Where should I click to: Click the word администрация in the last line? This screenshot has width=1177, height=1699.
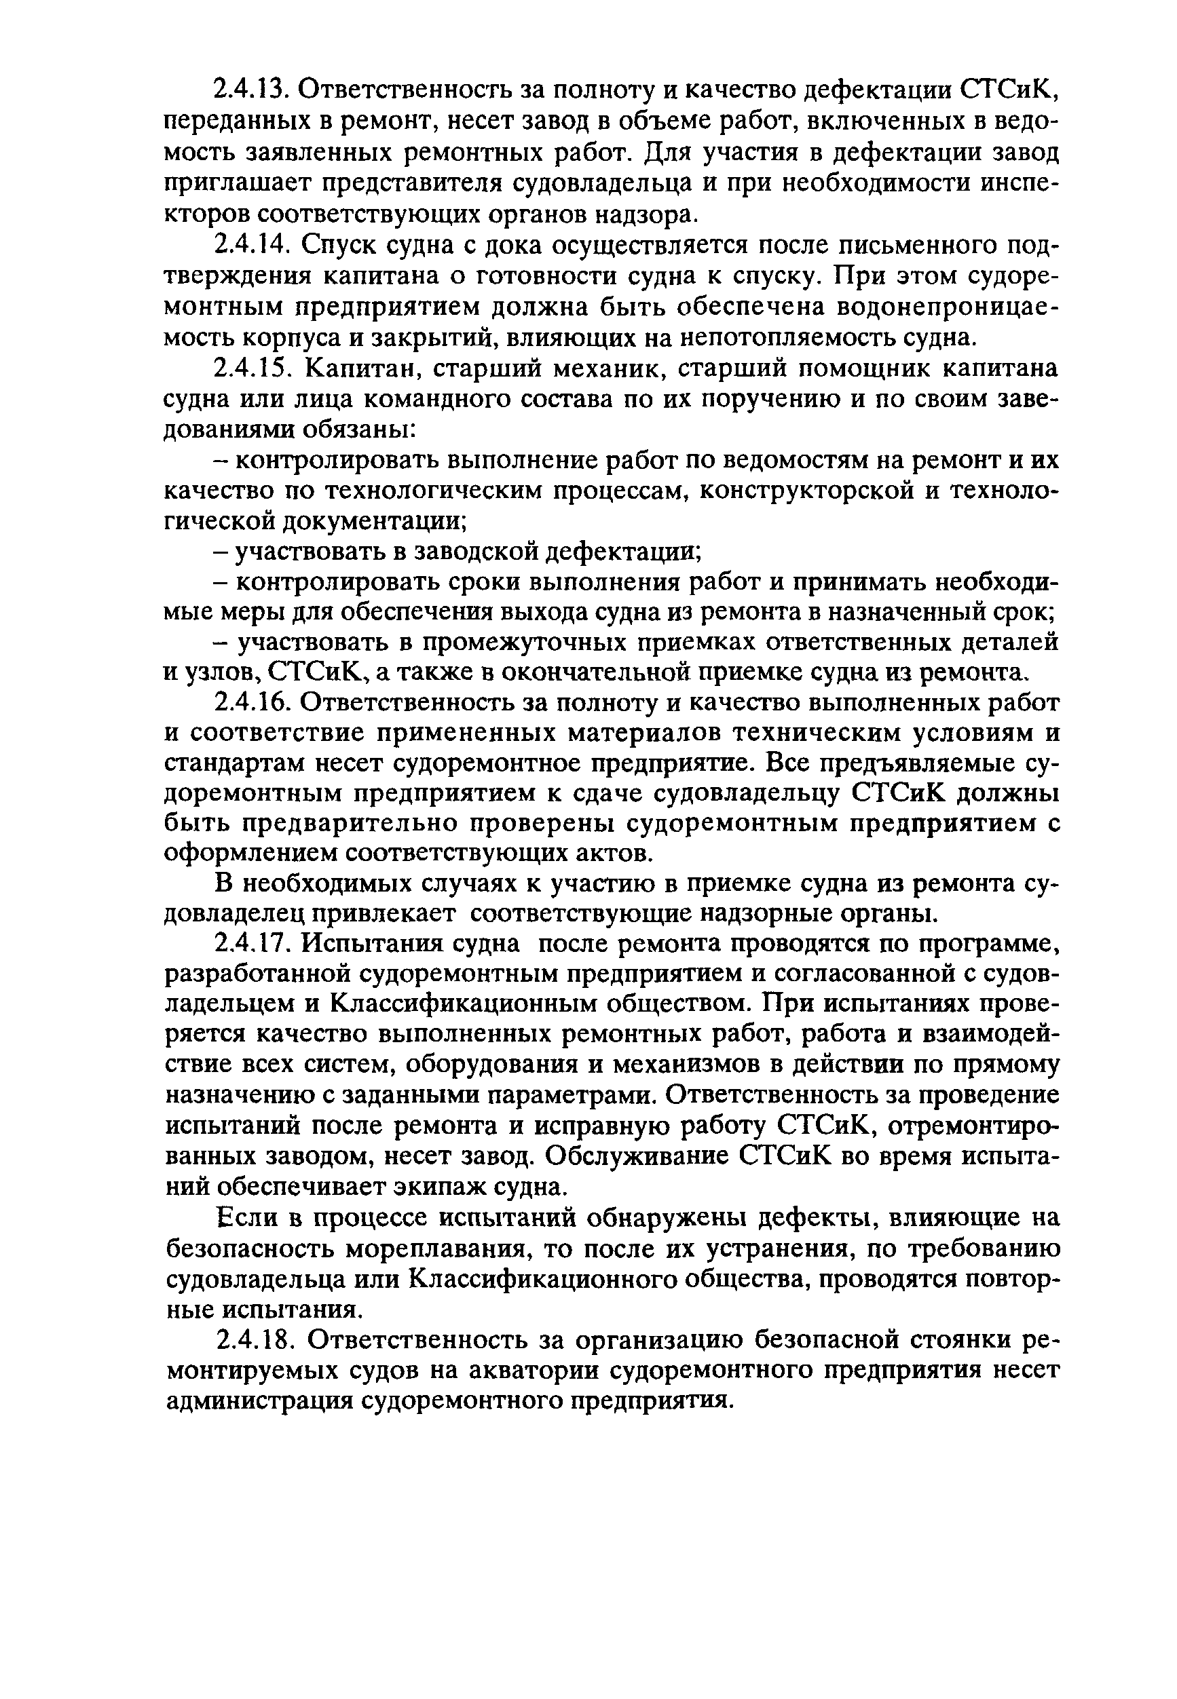(258, 1400)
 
